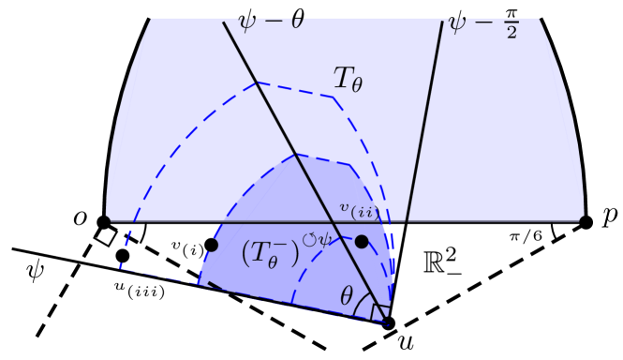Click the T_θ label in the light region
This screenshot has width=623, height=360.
pyautogui.click(x=348, y=79)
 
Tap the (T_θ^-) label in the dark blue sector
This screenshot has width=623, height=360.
pyautogui.click(x=271, y=253)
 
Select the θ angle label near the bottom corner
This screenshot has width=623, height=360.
pyautogui.click(x=347, y=297)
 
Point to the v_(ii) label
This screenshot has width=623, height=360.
pyautogui.click(x=358, y=210)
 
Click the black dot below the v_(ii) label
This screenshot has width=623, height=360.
pyautogui.click(x=362, y=242)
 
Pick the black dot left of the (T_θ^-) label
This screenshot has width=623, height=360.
pyautogui.click(x=212, y=245)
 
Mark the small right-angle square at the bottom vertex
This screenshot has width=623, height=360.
pyautogui.click(x=380, y=312)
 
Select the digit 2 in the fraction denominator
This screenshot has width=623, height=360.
pyautogui.click(x=512, y=33)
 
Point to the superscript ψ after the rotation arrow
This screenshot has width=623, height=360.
pyautogui.click(x=324, y=239)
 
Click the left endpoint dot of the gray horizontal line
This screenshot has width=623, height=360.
pyautogui.click(x=106, y=220)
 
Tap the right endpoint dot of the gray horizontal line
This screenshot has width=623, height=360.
pyautogui.click(x=583, y=220)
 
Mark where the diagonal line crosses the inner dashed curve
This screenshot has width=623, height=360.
pyautogui.click(x=295, y=154)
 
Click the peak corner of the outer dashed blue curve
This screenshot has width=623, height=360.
pyautogui.click(x=258, y=82)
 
